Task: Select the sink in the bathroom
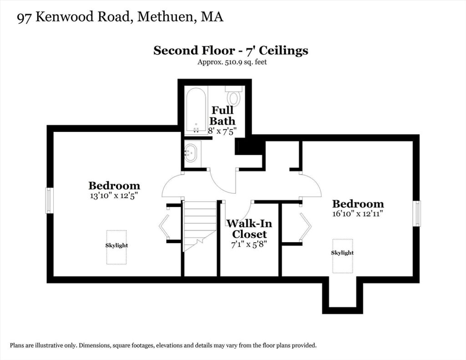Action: pos(191,153)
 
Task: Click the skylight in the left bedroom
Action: pos(116,247)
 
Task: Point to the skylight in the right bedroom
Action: pos(343,256)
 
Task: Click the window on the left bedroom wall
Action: pos(49,200)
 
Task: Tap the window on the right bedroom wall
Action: pos(417,213)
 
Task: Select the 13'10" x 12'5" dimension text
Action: pos(114,196)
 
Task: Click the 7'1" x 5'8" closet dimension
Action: pos(249,245)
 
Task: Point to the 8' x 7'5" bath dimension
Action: pos(222,131)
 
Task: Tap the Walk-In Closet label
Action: pos(249,228)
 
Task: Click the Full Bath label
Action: pos(222,116)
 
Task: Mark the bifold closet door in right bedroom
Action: pos(305,226)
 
